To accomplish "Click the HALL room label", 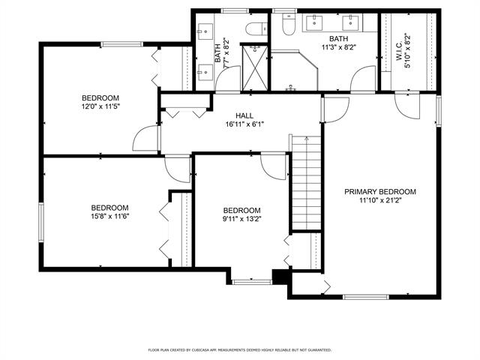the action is coord(244,115).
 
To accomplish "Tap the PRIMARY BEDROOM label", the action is coord(380,192).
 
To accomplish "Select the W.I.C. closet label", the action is coord(400,51).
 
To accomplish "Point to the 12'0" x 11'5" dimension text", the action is coord(100,106).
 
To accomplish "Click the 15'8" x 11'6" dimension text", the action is coord(110,216).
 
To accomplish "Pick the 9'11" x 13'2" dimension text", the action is coord(241,219).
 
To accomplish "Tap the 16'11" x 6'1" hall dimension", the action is coord(244,124).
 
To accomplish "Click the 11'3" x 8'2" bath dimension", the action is coord(338,47).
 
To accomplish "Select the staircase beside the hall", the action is coord(306,182).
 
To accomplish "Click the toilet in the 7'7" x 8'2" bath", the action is coord(256,29).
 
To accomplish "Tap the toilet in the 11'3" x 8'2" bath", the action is coord(289,25).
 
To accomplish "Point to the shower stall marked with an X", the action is coord(255,68).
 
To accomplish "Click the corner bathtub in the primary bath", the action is coord(294,72).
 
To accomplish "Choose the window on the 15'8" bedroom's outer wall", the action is coord(41,223).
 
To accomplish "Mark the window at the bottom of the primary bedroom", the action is coord(365,297).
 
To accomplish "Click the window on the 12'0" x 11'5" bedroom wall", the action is coord(121,44).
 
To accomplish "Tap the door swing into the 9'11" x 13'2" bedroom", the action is coord(273,166).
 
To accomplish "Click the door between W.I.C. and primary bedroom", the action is coord(407,105).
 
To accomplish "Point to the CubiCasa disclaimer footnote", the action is coord(240,349).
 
